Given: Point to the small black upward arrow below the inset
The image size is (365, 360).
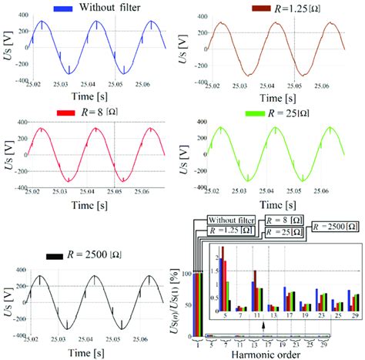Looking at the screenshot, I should (x=263, y=325).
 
